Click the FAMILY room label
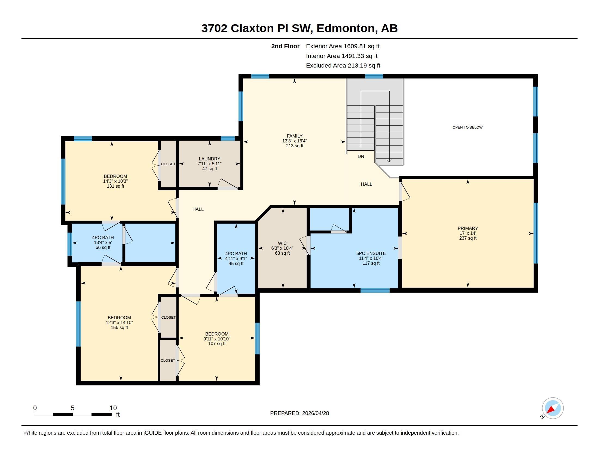click(x=295, y=136)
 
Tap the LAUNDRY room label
click(x=210, y=159)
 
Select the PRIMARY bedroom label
click(x=467, y=228)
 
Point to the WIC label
click(x=282, y=243)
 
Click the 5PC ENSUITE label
click(x=371, y=254)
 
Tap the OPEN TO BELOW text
click(x=467, y=127)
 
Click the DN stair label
click(x=361, y=156)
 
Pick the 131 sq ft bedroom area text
click(x=115, y=186)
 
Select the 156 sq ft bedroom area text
click(x=119, y=327)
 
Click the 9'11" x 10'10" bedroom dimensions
click(x=217, y=339)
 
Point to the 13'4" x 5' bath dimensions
click(x=103, y=242)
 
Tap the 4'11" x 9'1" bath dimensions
click(x=236, y=258)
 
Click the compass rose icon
click(x=552, y=408)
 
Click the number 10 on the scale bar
click(x=113, y=408)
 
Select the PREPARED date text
click(x=299, y=413)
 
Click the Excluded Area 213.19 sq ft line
click(x=343, y=66)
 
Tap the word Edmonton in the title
click(x=346, y=28)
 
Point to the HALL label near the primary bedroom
click(x=366, y=184)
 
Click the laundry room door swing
click(x=228, y=184)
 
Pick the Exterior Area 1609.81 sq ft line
click(x=343, y=46)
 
